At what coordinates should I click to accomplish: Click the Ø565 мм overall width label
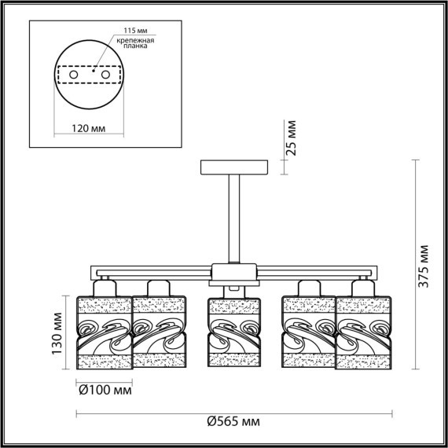click(234, 422)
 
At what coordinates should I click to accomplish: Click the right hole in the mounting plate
click(104, 74)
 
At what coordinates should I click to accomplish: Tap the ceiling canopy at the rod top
click(234, 167)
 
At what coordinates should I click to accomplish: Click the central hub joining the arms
click(234, 273)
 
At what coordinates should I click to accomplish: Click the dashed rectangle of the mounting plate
click(89, 63)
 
